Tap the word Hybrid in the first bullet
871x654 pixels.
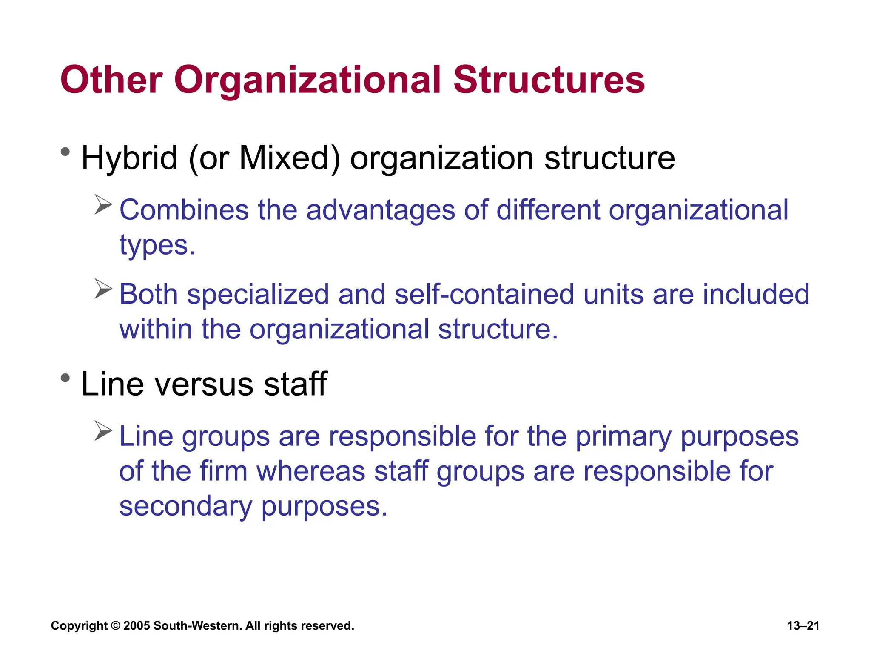click(129, 158)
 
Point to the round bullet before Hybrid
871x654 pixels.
click(65, 152)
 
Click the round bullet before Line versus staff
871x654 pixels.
click(65, 378)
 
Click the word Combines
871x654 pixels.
click(184, 210)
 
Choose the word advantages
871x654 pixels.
click(380, 211)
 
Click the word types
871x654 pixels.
click(157, 246)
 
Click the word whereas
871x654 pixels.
click(311, 471)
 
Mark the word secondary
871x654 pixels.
click(185, 507)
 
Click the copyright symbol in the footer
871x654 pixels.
click(115, 626)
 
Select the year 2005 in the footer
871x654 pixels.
click(137, 626)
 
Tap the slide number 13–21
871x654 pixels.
click(803, 626)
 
